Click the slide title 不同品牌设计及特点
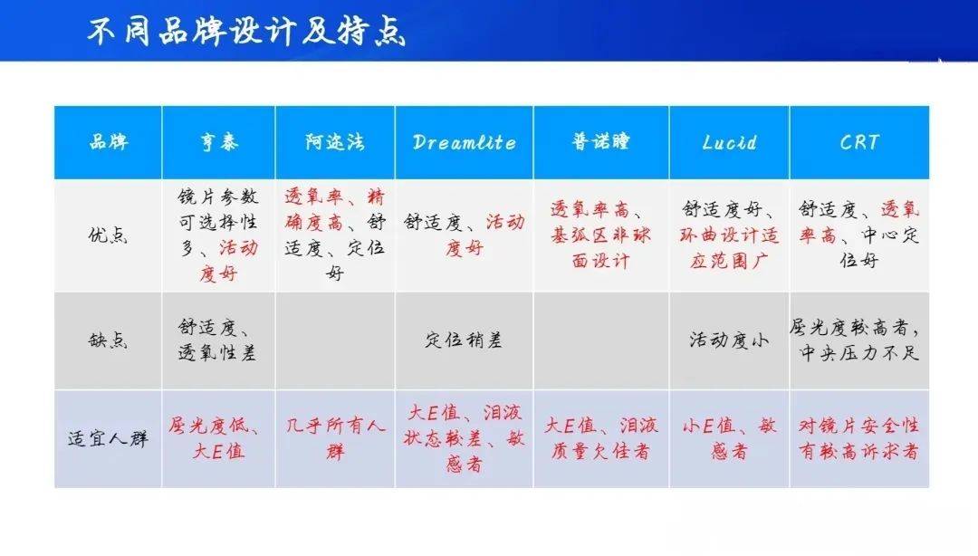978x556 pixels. [246, 32]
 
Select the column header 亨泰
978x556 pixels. [219, 142]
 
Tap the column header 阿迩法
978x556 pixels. [335, 142]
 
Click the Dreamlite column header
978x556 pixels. [464, 142]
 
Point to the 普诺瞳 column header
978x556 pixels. [600, 142]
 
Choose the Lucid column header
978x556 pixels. [729, 142]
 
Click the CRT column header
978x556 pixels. [858, 142]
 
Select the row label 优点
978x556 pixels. [108, 235]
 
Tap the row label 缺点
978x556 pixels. [108, 340]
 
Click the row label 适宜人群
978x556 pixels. [108, 438]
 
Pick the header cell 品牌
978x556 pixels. [108, 142]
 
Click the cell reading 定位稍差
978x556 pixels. [464, 340]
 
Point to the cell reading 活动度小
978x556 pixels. [729, 340]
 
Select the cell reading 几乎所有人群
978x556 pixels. [335, 438]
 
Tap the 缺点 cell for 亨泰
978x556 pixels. [217, 340]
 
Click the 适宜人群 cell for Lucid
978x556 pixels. [729, 438]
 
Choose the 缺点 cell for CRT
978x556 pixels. [858, 340]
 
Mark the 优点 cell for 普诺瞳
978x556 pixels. [600, 235]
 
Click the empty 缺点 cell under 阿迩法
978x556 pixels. [335, 341]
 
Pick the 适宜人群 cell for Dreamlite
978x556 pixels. [464, 438]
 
